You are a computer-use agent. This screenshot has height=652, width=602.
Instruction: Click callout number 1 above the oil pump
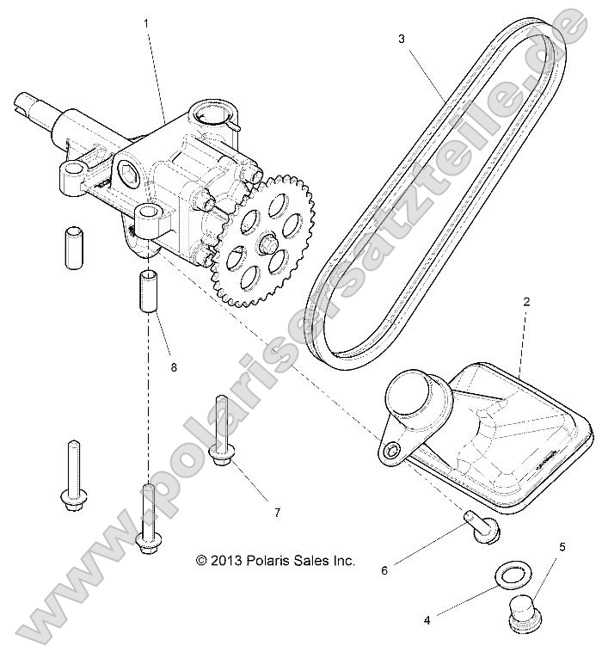(147, 23)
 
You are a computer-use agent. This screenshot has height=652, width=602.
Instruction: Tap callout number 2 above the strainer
(526, 302)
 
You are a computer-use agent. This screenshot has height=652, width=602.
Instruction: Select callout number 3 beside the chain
(401, 39)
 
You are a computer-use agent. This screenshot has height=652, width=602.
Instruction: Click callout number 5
(562, 546)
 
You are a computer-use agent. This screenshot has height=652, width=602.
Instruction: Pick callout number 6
(384, 569)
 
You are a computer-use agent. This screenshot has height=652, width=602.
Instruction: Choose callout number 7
(278, 513)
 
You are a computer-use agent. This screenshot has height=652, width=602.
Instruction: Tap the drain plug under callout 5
(521, 609)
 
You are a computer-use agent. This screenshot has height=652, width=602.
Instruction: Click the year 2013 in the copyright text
(226, 560)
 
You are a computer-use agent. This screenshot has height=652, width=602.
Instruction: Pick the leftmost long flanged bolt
(72, 473)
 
